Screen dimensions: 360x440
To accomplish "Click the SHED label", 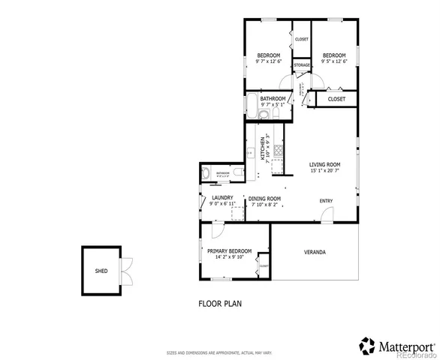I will coord(101,271).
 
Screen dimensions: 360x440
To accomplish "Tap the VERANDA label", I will coord(315,251).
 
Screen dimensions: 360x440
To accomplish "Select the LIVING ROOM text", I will coord(325,164).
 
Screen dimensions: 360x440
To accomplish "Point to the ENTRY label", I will coord(326,200).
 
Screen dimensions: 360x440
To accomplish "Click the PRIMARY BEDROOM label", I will coord(229,250).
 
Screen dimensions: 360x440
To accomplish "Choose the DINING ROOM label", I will coord(263,198).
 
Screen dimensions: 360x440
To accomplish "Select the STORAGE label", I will coord(302,65).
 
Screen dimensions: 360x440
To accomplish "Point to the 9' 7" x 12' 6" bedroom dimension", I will coord(268,62).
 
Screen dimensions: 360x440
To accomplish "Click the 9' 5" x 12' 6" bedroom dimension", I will coord(334,62).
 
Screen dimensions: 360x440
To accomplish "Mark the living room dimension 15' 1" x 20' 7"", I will coord(325,171).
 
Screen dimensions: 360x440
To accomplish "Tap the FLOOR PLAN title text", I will coord(220,304).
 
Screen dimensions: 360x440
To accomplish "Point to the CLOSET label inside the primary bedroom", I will coord(264,266).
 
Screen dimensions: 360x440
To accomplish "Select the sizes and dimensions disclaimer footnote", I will coord(220,351).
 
